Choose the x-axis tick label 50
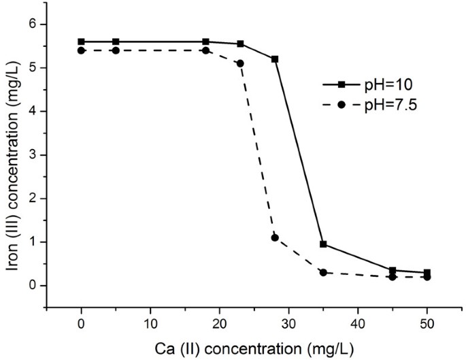pos(427,321)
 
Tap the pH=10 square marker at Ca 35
pos(323,244)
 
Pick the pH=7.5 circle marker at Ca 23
pos(240,63)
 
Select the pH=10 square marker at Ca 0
pos(82,42)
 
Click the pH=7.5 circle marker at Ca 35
pos(323,272)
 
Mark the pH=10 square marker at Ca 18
pos(205,42)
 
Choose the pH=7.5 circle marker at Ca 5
pos(116,50)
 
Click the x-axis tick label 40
pos(358,321)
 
